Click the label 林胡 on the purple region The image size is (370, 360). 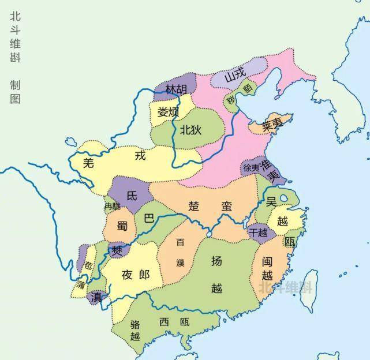[176, 89]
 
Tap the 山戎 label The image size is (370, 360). [235, 75]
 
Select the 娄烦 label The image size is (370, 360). [169, 111]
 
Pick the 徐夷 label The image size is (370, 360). [251, 168]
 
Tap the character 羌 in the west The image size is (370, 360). [88, 163]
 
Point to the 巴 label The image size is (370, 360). [148, 219]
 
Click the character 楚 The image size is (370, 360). [194, 206]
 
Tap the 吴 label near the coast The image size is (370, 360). [271, 201]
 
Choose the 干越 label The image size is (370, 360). [257, 232]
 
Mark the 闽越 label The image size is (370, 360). [267, 268]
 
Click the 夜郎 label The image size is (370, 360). [136, 275]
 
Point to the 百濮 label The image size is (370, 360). [181, 252]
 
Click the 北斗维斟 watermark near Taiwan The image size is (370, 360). [285, 287]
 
